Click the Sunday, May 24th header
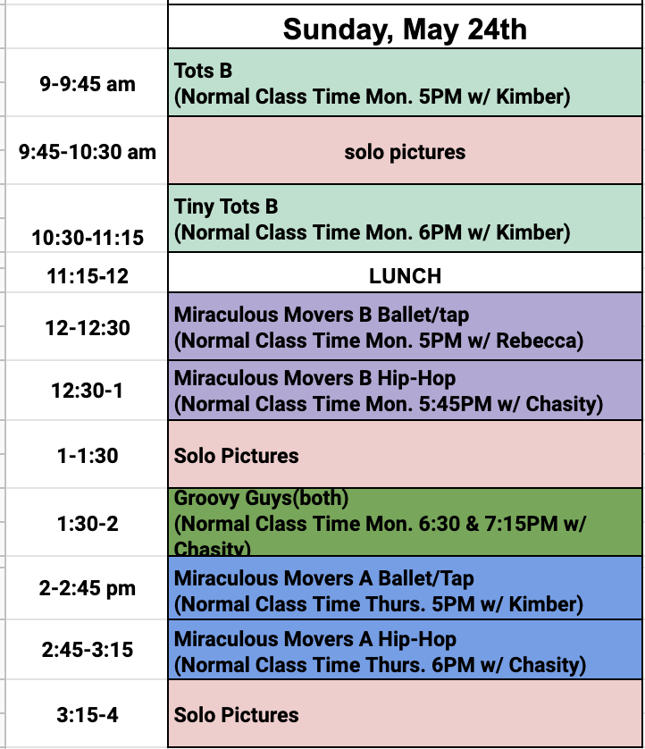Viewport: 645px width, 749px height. click(405, 29)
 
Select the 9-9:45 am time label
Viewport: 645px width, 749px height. click(88, 84)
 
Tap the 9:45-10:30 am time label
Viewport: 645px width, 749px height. click(88, 152)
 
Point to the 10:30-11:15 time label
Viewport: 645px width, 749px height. click(88, 238)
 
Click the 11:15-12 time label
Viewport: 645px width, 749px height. click(88, 277)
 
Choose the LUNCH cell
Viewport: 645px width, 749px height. click(405, 277)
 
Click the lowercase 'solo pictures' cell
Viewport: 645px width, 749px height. click(405, 152)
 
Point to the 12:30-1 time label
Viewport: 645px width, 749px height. click(88, 391)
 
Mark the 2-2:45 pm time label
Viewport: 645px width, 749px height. click(88, 588)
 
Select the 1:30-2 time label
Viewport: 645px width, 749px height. click(88, 523)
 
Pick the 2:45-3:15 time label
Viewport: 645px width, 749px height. click(88, 650)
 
